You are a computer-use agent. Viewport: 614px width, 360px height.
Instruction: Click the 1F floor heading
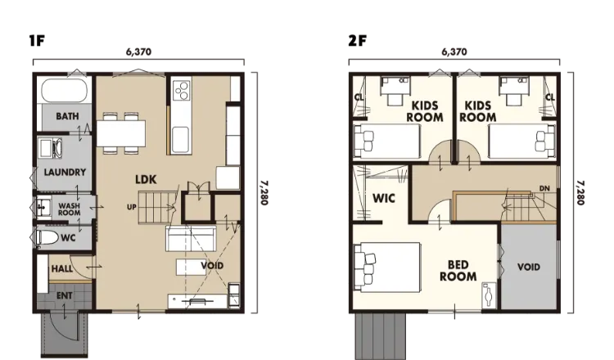pos(37,40)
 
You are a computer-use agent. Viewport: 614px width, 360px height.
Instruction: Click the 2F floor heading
pos(357,40)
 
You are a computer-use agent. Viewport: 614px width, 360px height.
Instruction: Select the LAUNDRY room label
pos(65,172)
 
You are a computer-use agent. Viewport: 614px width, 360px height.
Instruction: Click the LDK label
pos(146,180)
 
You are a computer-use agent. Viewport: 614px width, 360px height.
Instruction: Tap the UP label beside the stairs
pos(132,207)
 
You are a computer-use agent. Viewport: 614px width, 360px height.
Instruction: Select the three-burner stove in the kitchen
pos(182,90)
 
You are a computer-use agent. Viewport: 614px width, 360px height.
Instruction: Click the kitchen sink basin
pos(181,140)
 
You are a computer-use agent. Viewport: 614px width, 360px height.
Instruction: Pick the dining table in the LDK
pos(121,133)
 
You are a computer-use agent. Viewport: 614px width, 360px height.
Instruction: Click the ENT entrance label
pos(64,296)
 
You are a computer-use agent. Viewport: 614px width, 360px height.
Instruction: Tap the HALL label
pos(62,269)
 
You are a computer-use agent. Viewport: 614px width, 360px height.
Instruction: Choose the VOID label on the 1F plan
pos(212,266)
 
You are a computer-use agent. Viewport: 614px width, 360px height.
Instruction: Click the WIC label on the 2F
pos(384,198)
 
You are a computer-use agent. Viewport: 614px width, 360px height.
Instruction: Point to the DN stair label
pos(544,189)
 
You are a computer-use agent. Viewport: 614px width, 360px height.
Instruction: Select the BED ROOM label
pos(458,271)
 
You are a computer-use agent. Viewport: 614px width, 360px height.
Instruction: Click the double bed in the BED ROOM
pos(387,267)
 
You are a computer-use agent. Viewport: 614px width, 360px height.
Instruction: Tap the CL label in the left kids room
pos(359,97)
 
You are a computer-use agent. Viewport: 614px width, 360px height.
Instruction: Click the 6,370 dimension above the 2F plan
pos(454,52)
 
